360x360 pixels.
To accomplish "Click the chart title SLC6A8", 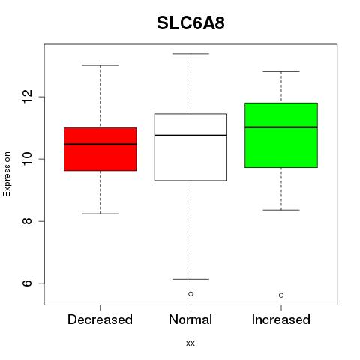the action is [x=190, y=23].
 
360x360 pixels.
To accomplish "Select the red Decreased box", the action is [x=100, y=149].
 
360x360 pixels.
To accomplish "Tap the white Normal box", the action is [x=190, y=147].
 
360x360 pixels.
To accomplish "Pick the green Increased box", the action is [x=281, y=135].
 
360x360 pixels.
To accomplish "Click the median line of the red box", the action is [x=100, y=144].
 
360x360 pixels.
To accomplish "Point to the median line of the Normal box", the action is [x=190, y=136].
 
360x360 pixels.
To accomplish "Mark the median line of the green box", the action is [x=281, y=127].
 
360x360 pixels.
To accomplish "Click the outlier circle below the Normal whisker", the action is [x=190, y=294].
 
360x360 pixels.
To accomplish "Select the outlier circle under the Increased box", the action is [x=281, y=295].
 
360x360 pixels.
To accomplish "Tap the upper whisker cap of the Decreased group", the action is [x=100, y=65].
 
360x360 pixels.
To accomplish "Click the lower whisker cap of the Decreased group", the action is [x=100, y=214].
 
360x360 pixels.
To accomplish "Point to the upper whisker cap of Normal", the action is [x=190, y=54].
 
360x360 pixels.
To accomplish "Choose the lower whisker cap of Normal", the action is [x=190, y=279].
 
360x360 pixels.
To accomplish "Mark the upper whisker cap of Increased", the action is [x=281, y=71].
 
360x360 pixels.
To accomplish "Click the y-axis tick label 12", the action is [x=27, y=97].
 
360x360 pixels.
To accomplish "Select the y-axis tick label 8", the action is [x=27, y=221].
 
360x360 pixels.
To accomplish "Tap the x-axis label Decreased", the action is [x=100, y=319].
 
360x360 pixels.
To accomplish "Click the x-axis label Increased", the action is [x=281, y=319].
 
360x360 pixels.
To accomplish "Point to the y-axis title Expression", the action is [x=7, y=174].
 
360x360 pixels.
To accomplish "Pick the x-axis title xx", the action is [x=190, y=343].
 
